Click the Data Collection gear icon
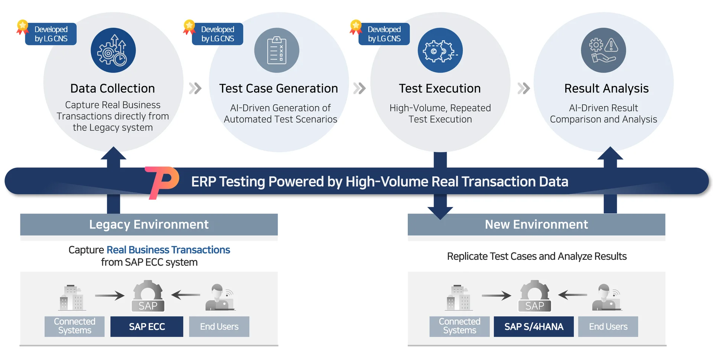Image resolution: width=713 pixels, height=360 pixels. pos(113,50)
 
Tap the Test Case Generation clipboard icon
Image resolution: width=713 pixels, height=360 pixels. pos(277,50)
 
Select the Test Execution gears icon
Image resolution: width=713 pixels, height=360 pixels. pos(440,50)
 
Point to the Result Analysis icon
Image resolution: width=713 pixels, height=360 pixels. pos(603,50)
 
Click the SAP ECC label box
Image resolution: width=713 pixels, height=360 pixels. pos(147,327)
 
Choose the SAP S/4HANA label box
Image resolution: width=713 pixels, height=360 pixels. pos(534,327)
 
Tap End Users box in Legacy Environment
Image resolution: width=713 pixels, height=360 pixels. pos(219,327)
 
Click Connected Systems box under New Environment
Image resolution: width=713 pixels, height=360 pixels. pos(459,327)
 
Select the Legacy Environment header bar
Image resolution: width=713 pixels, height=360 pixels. pos(149,225)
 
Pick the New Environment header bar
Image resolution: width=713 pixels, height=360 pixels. pos(536,225)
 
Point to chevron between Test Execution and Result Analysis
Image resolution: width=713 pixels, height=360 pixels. pos(524,88)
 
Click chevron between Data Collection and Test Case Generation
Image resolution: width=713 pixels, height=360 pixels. pos(195,88)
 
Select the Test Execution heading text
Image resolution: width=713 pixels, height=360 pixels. pos(440,88)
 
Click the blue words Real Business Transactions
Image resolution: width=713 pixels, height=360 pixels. pos(168,250)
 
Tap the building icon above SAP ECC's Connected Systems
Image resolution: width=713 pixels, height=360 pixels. pos(72,298)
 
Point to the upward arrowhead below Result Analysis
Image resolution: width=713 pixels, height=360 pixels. pos(610,153)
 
